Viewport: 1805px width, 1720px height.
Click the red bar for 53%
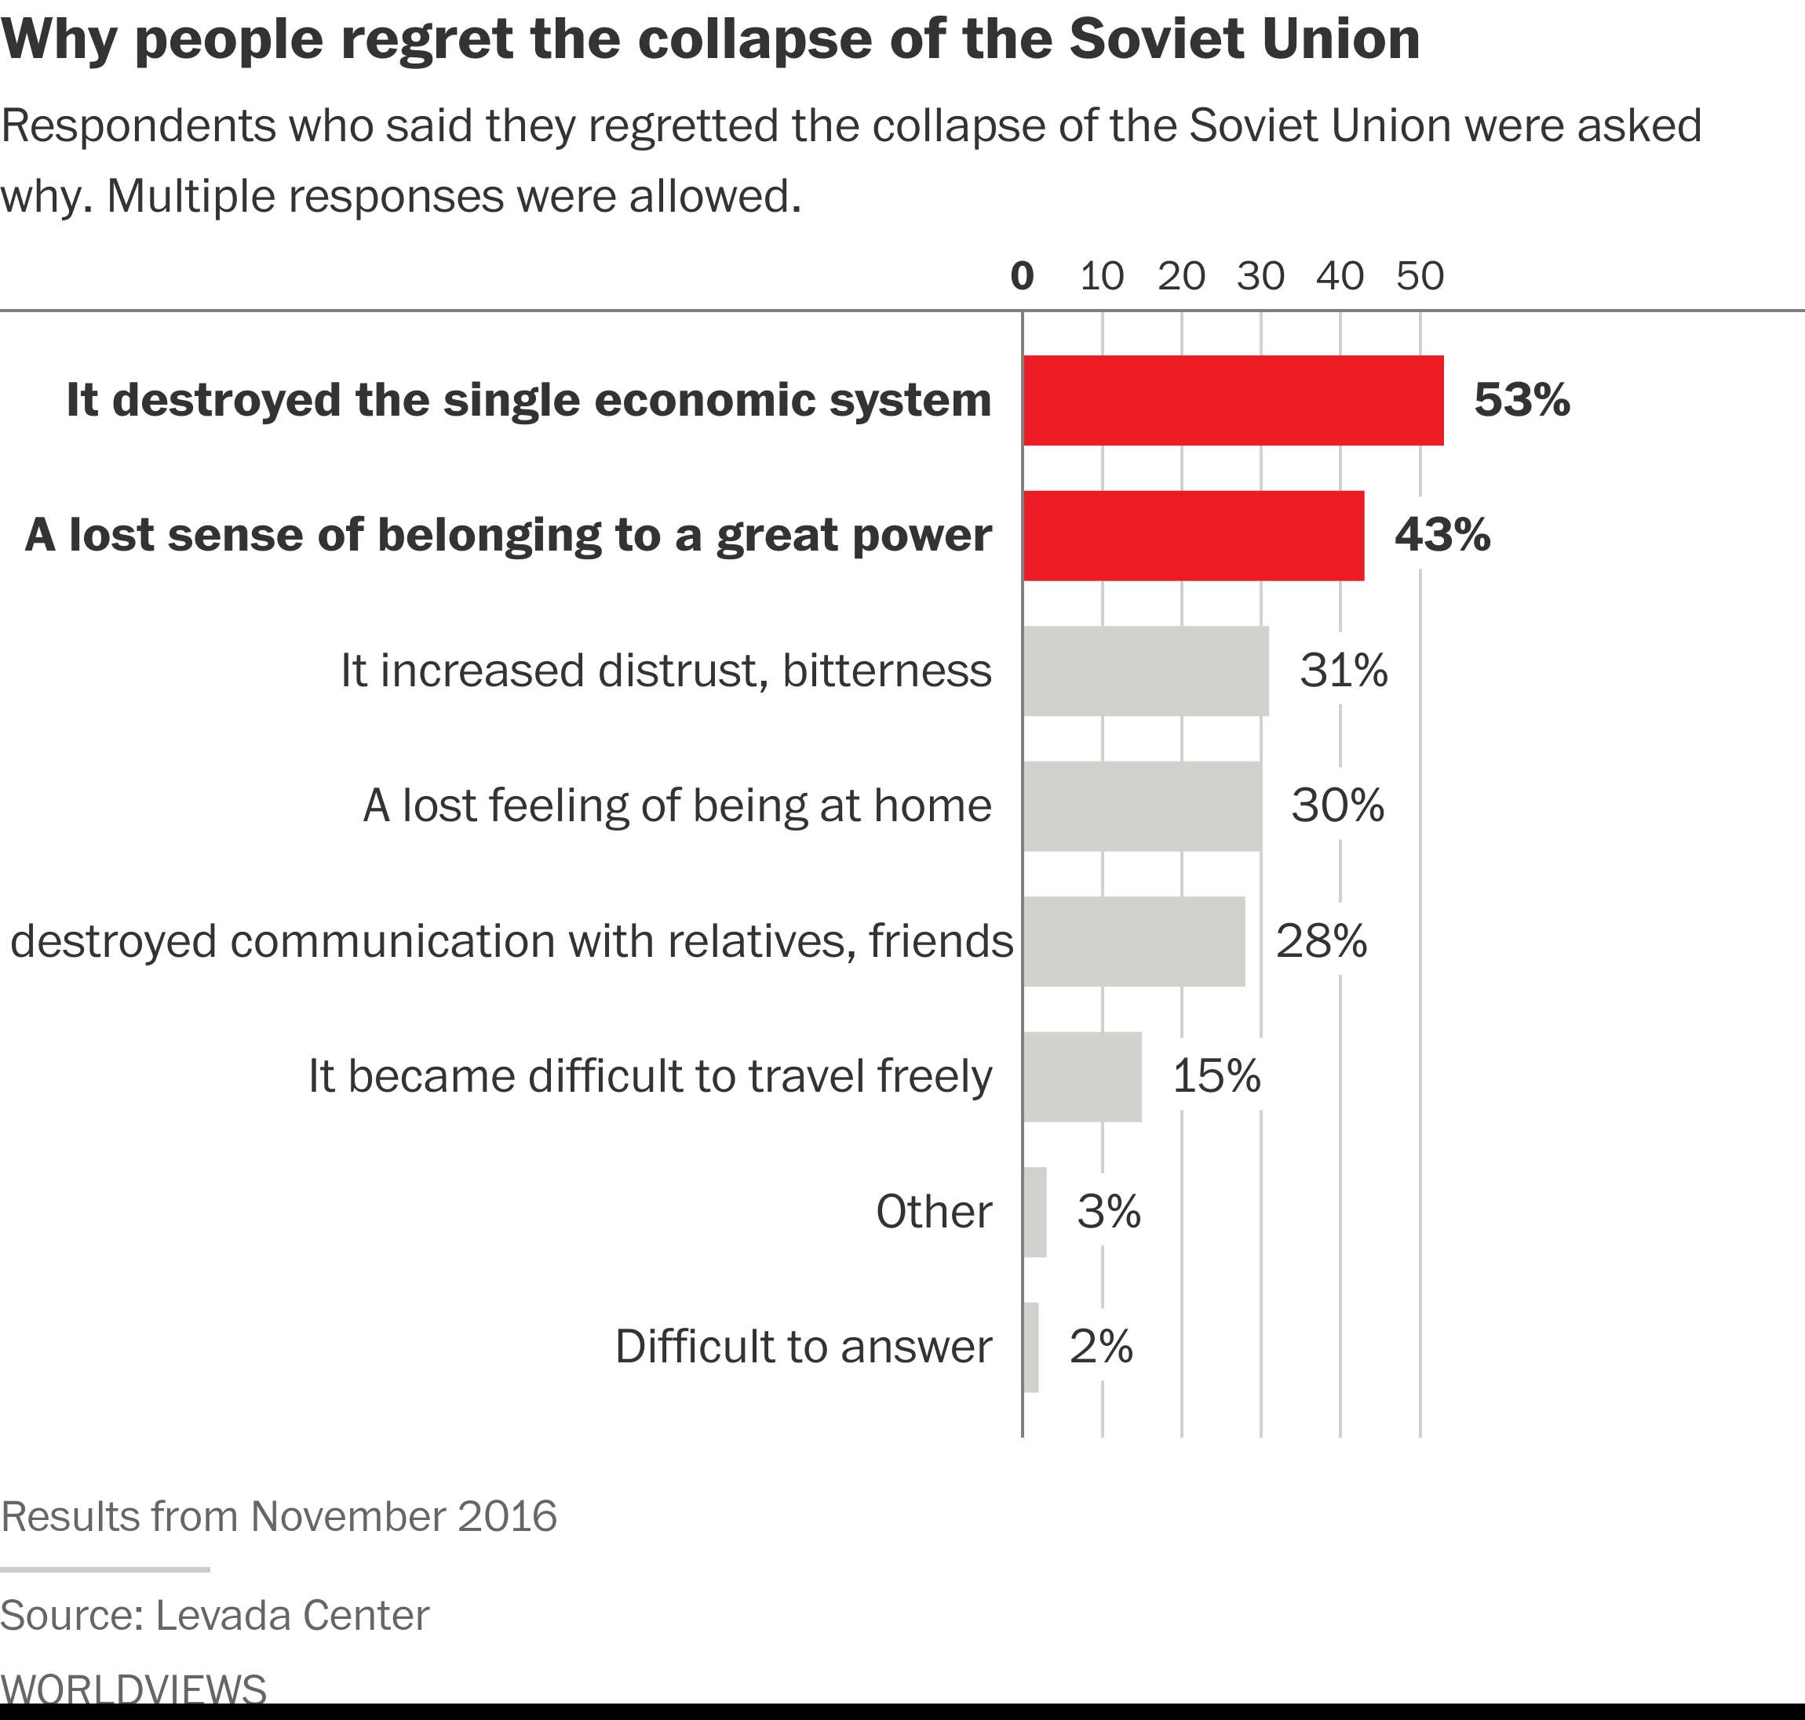coord(1233,401)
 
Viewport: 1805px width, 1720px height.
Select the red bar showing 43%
coord(1193,536)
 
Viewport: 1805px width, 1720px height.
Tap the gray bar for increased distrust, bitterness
coord(1146,671)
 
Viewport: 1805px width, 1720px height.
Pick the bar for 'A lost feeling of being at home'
coord(1142,806)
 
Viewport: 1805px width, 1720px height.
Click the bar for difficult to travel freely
coord(1082,1076)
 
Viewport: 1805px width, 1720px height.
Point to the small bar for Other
coord(1034,1211)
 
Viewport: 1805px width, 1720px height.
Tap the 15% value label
coord(1216,1076)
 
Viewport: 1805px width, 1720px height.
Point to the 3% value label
coord(1109,1211)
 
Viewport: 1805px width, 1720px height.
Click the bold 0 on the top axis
coord(1022,275)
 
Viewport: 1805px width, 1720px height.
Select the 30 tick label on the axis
coord(1260,275)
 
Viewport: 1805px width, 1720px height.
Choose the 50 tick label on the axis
coord(1420,275)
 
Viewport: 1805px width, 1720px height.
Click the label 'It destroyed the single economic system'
coord(529,401)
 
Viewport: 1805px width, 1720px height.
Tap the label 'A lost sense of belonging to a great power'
coord(508,536)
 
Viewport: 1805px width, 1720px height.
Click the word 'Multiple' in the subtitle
coord(191,195)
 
